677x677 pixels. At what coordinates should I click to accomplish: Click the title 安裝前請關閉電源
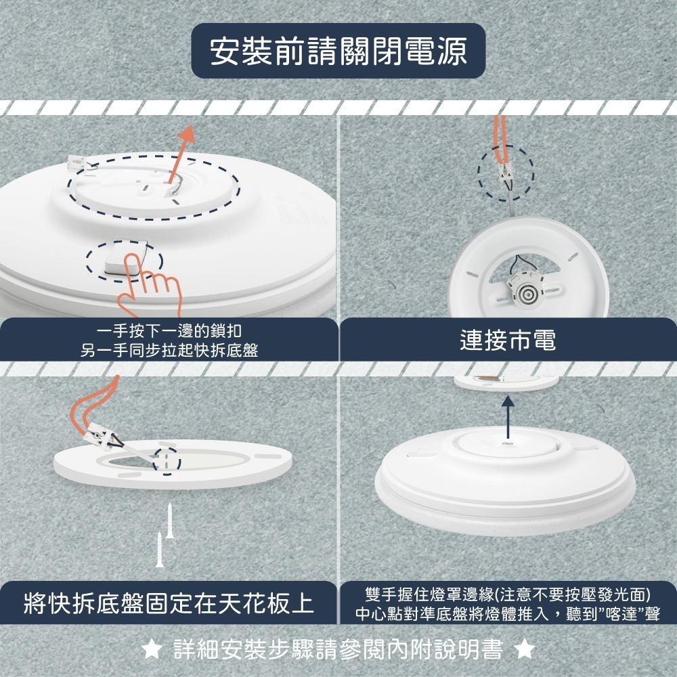338,52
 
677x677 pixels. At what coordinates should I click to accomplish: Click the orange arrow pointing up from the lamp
181,152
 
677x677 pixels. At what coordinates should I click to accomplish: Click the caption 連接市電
508,341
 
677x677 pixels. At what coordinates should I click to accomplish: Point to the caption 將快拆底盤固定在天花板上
169,602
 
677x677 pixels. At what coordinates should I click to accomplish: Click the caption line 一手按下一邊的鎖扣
169,331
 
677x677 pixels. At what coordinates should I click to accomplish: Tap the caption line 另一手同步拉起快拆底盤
169,349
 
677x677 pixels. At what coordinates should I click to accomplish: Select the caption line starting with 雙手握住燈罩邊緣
508,594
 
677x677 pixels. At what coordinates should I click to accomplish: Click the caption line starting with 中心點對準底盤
508,614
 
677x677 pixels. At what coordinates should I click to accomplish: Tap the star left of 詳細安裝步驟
153,650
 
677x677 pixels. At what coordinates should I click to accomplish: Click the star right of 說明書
524,650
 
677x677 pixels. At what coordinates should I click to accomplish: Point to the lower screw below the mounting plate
160,549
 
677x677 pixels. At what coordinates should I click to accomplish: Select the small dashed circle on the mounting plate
167,460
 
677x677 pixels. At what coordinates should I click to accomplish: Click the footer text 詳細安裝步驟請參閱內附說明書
338,650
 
